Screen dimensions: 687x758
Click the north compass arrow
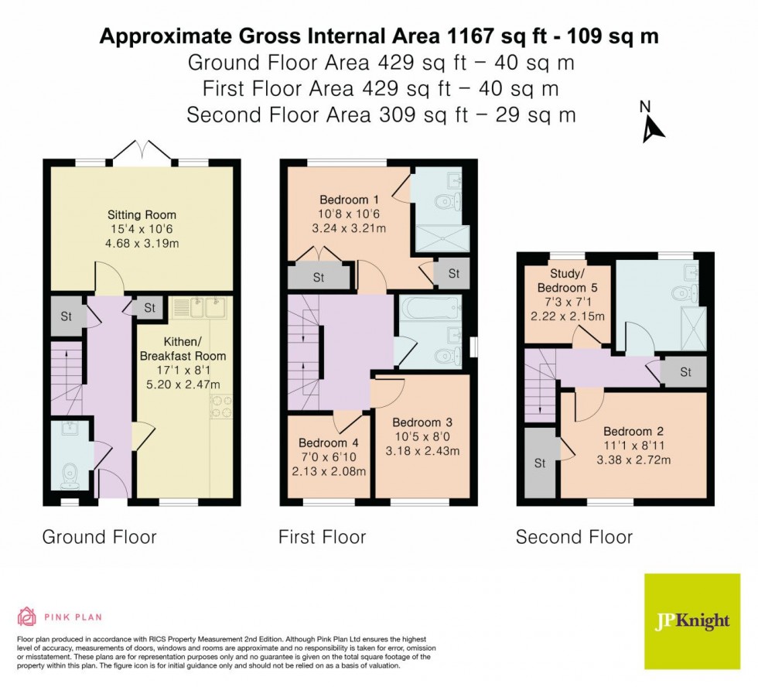[x=653, y=128]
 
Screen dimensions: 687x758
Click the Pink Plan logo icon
[x=27, y=617]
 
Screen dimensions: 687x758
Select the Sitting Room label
[x=142, y=214]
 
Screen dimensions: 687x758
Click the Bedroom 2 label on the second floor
[x=633, y=431]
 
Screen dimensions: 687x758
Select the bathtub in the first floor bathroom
[x=430, y=311]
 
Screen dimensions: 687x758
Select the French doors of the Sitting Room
[x=142, y=153]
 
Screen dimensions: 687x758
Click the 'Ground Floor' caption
[x=99, y=537]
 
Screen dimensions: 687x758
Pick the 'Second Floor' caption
[x=574, y=537]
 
